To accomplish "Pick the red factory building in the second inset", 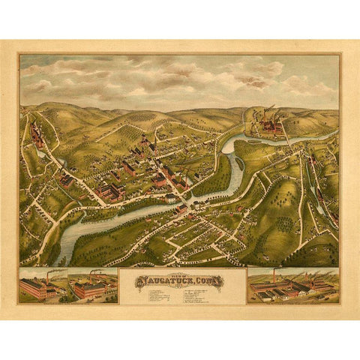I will click(88, 289).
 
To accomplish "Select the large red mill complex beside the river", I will click(109, 190).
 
